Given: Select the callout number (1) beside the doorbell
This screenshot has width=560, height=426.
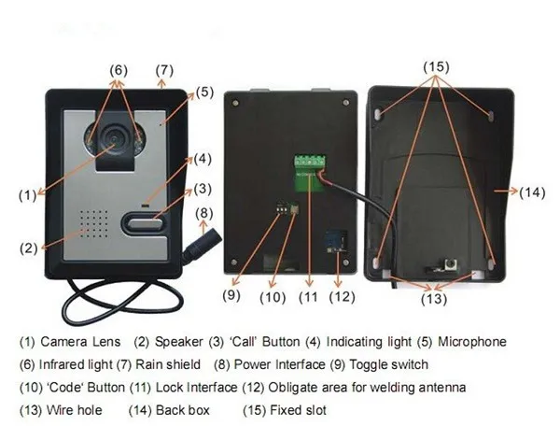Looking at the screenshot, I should (x=27, y=195).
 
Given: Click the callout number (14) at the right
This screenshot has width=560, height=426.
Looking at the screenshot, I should (x=531, y=193).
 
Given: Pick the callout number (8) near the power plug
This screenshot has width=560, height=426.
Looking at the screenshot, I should (x=204, y=213).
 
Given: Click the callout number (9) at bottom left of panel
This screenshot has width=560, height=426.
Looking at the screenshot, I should (x=232, y=295).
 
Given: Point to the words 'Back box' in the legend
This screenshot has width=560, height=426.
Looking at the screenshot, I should (x=188, y=409).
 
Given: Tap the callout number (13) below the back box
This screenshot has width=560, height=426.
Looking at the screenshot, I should (x=435, y=301).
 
